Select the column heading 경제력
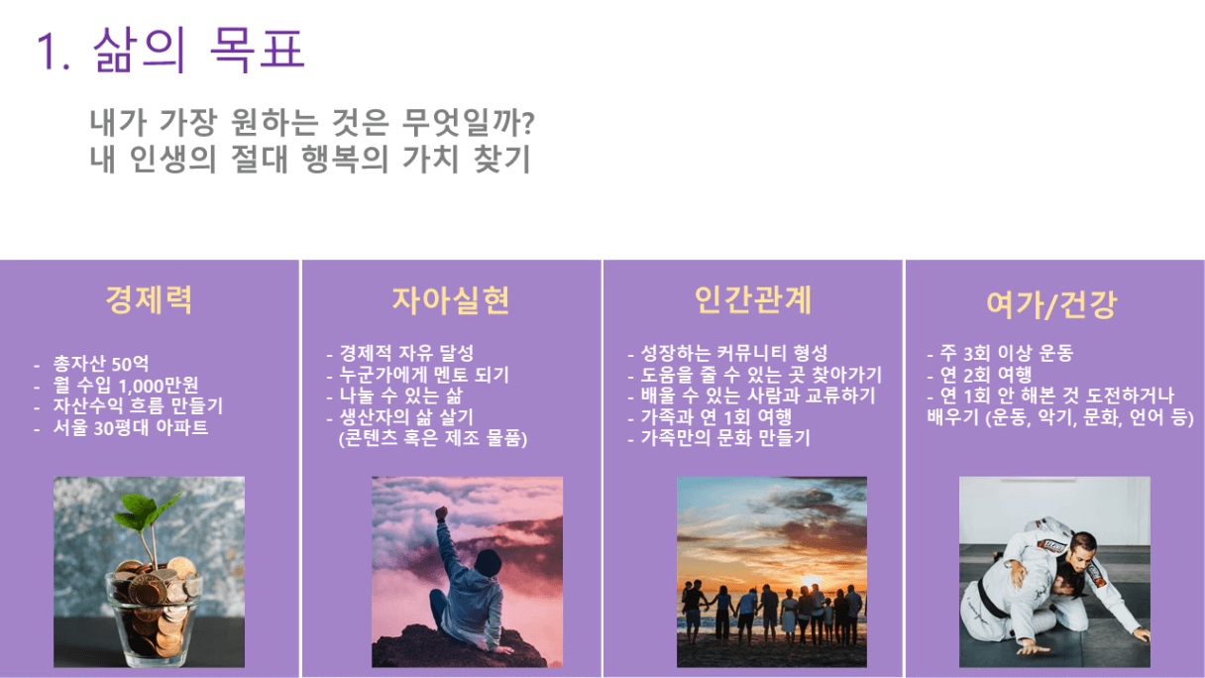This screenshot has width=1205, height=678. (149, 299)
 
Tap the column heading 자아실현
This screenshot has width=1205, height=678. (451, 299)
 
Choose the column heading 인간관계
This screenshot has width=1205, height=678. (753, 299)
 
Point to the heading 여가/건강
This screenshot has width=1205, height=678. (1052, 305)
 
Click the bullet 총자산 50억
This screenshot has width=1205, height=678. (101, 364)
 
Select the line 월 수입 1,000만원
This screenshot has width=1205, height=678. (126, 386)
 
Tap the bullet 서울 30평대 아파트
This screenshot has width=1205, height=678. (130, 428)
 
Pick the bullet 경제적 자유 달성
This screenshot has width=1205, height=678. (406, 353)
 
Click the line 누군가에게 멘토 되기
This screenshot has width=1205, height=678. (424, 375)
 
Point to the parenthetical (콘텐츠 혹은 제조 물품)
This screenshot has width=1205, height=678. (433, 438)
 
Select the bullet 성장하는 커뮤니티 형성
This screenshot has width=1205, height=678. (733, 353)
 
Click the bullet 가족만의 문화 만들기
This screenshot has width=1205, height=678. (725, 438)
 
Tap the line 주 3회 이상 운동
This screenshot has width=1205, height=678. (1007, 353)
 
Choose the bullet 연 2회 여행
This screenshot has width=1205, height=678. (986, 375)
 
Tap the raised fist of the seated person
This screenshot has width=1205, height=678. (442, 512)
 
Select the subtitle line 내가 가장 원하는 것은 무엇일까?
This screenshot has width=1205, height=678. (312, 122)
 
